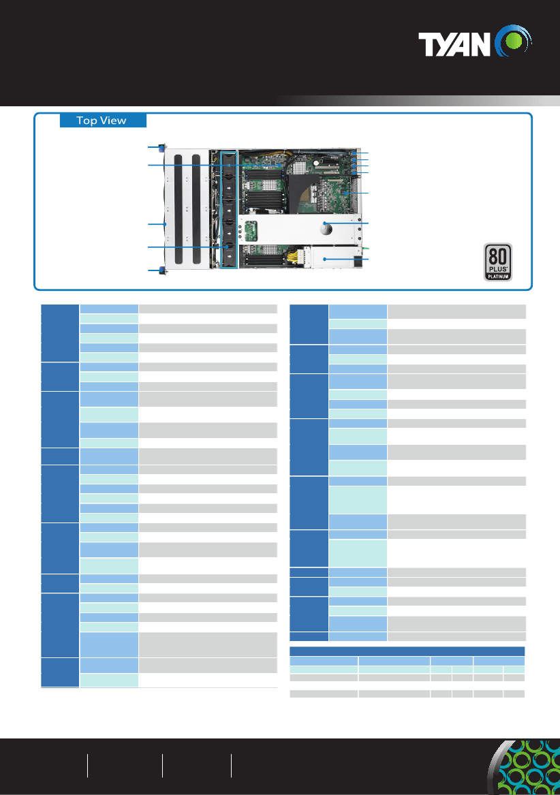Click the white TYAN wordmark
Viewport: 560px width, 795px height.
pos(454,44)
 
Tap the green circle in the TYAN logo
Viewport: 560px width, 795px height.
pos(514,41)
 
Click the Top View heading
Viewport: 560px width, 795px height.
pos(101,121)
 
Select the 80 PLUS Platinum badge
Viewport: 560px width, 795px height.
pos(497,262)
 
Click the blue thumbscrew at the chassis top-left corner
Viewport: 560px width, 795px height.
pos(163,148)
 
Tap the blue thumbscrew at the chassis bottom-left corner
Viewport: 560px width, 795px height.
pos(163,270)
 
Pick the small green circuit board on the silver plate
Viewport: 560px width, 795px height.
pos(251,231)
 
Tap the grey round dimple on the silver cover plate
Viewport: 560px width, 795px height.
pos(326,229)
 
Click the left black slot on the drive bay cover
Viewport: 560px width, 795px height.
pos(178,209)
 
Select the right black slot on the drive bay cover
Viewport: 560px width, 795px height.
pos(196,209)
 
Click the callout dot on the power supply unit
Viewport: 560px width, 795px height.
pos(325,259)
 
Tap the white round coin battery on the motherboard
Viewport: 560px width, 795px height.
pos(315,163)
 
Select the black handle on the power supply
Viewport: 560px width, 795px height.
pos(360,262)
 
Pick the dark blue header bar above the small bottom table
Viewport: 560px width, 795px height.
pos(407,651)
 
